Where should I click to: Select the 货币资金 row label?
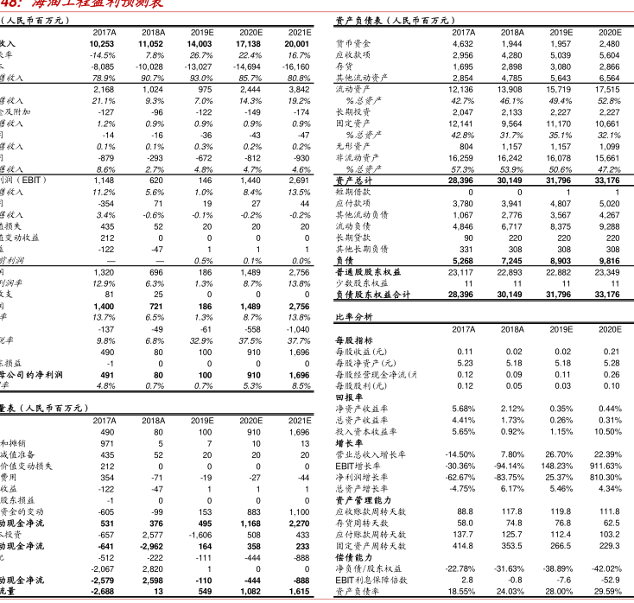(352, 42)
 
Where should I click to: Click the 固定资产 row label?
(352, 124)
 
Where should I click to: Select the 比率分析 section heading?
(353, 317)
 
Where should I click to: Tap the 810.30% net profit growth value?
(604, 477)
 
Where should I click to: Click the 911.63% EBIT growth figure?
(604, 466)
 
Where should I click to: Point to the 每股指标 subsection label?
(352, 340)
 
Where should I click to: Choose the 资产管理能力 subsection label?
(362, 500)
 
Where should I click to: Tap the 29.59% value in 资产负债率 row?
(605, 591)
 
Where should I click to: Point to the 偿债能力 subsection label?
(352, 557)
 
